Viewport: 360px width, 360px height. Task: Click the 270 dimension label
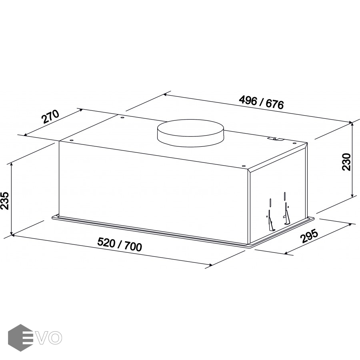[50, 117]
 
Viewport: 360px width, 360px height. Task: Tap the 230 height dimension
[346, 162]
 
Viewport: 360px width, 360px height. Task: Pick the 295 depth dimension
[310, 236]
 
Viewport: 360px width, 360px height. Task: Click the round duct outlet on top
[190, 133]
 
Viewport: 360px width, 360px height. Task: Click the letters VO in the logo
[50, 338]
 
